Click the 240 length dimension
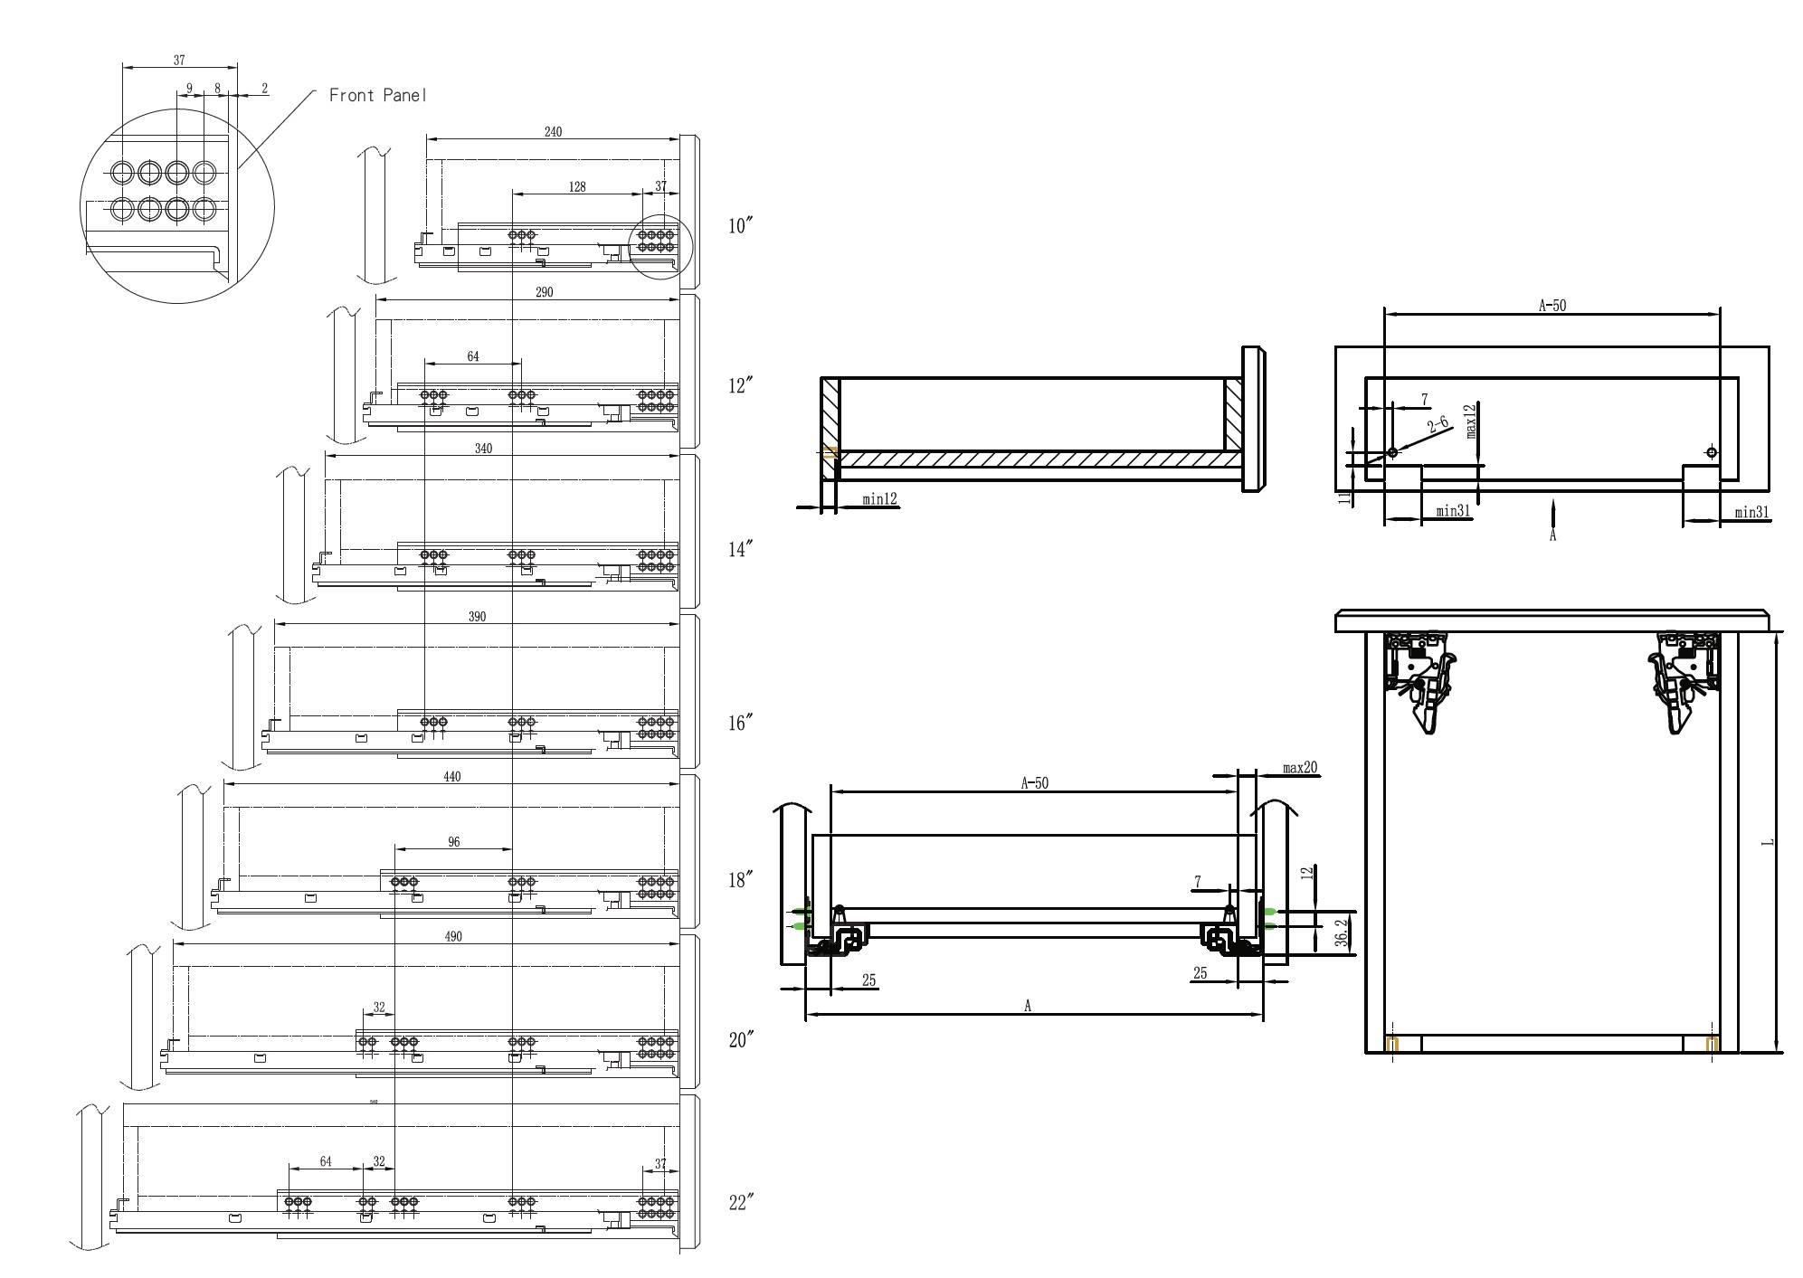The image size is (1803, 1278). (x=553, y=132)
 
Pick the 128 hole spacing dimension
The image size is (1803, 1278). (x=577, y=187)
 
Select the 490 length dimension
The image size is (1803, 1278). (x=453, y=936)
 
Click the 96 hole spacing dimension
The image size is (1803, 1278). (x=454, y=842)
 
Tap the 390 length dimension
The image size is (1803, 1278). (x=477, y=617)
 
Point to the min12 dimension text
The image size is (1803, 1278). (x=879, y=498)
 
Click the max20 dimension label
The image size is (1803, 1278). (x=1300, y=768)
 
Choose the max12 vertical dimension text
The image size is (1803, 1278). (x=1471, y=421)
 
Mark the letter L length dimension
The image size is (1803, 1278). (x=1768, y=843)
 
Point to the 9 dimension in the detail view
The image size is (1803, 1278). (x=189, y=89)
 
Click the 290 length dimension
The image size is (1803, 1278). (x=544, y=292)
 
